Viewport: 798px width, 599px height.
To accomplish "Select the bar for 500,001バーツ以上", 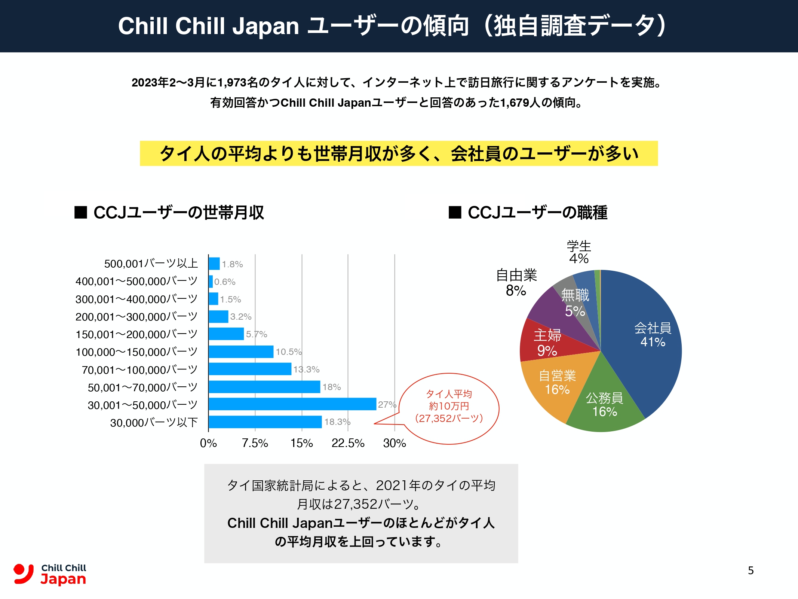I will tap(214, 264).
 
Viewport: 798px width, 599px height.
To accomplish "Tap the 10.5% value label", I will tap(288, 352).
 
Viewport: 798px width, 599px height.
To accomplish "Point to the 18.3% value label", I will tap(337, 422).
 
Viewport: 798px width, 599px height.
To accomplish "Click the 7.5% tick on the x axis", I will tap(255, 443).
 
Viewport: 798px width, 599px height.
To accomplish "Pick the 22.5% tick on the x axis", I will tap(348, 443).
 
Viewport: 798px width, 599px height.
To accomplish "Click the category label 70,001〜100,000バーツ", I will tap(139, 370).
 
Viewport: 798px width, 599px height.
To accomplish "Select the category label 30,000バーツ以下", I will tap(154, 423).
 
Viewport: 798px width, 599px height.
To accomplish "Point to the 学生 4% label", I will tap(579, 252).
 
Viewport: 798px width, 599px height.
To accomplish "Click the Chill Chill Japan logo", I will tap(50, 574).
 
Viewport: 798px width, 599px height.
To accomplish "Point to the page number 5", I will tap(751, 571).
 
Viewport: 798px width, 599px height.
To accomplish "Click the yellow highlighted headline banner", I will tap(399, 153).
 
